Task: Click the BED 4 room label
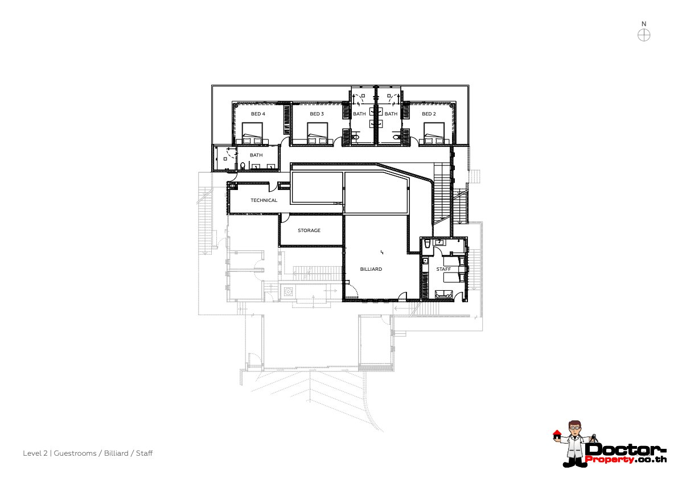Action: pyautogui.click(x=258, y=114)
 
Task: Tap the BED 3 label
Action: pyautogui.click(x=317, y=114)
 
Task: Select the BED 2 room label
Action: pyautogui.click(x=429, y=114)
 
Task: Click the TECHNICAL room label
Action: pyautogui.click(x=264, y=200)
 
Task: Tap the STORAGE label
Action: pyautogui.click(x=309, y=230)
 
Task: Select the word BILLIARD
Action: pyautogui.click(x=371, y=269)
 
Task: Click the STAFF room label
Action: pyautogui.click(x=443, y=269)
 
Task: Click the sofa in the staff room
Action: pyautogui.click(x=443, y=294)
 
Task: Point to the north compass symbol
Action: pyautogui.click(x=644, y=35)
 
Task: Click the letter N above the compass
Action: pyautogui.click(x=644, y=24)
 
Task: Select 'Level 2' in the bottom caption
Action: pyautogui.click(x=35, y=453)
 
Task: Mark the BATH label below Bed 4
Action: pyautogui.click(x=256, y=155)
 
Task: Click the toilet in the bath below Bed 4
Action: pyautogui.click(x=243, y=166)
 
